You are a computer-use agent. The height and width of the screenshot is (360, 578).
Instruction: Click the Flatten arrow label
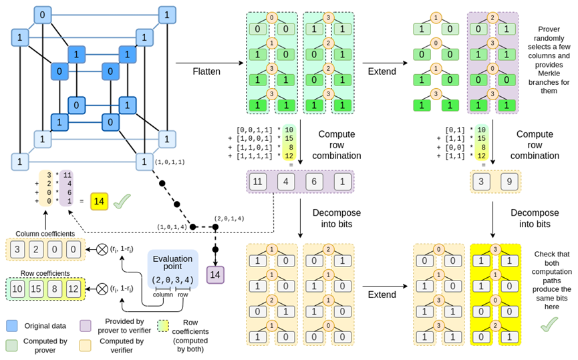coord(206,70)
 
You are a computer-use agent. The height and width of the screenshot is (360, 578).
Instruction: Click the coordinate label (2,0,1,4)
coord(231,218)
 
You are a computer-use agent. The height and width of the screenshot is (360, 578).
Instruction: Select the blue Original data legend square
coord(11,325)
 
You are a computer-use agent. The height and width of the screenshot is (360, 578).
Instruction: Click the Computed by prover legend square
coord(11,345)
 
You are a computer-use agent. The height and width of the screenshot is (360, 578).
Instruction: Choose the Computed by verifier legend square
coord(86,345)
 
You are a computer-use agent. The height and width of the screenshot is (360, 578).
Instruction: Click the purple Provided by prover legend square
coord(86,325)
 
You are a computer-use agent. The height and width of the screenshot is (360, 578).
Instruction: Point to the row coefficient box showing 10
coord(17,289)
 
